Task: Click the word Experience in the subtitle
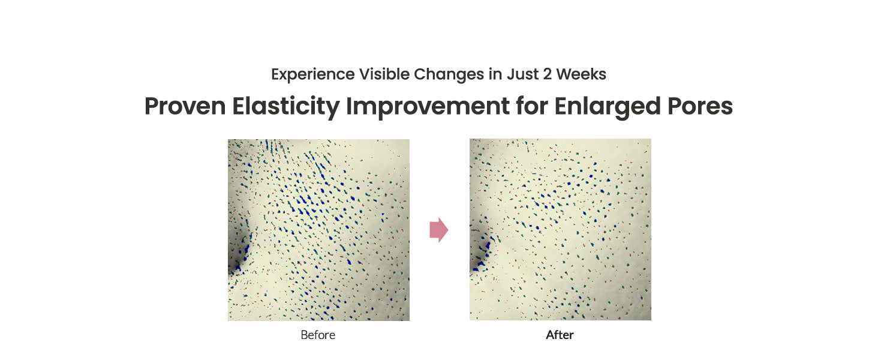pos(313,74)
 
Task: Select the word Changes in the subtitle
pos(449,74)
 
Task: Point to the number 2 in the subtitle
pos(547,74)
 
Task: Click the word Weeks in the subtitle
pos(581,74)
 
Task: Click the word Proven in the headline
pos(185,106)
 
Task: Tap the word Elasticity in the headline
pos(285,107)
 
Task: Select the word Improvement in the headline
pos(428,107)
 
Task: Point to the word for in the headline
pos(532,106)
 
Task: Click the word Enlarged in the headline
pos(608,107)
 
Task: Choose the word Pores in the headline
pos(700,106)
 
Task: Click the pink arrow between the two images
pos(438,230)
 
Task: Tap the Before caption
pos(318,335)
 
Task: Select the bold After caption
pos(560,335)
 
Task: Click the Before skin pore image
pos(318,230)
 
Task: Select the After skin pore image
pos(561,229)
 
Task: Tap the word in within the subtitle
pos(495,74)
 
